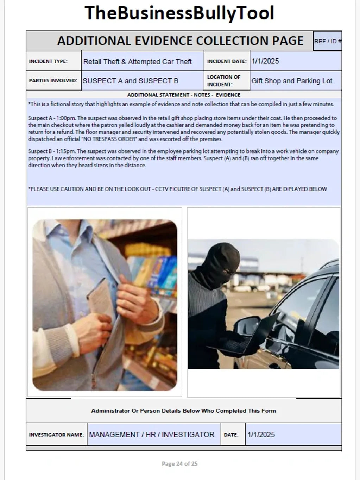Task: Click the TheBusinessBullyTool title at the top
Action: tap(179, 13)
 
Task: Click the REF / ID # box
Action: tap(327, 41)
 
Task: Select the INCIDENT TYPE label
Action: tap(48, 61)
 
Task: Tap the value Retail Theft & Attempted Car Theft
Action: tap(137, 62)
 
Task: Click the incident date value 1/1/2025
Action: tap(265, 61)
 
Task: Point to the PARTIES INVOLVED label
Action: tap(53, 80)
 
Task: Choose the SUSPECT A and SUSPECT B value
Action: tap(131, 81)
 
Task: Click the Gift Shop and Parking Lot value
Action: tap(292, 81)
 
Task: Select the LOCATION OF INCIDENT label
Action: tap(223, 81)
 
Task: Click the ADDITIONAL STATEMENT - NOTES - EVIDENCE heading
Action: tap(183, 95)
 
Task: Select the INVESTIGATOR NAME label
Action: tap(56, 435)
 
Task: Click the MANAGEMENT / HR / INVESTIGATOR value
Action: tap(152, 435)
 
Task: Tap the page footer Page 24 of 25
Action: tap(179, 463)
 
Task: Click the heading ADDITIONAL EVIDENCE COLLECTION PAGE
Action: tap(180, 41)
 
